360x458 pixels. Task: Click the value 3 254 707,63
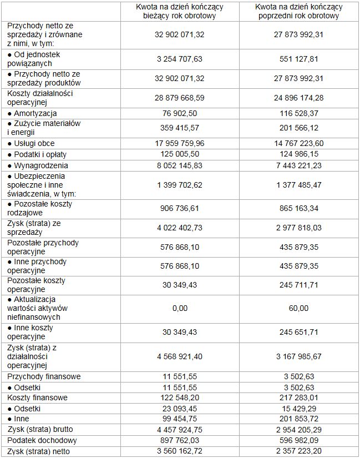180,59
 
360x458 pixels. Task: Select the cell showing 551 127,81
299,59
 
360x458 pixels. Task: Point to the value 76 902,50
180,114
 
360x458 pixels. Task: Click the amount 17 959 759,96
180,144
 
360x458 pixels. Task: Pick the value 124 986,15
299,154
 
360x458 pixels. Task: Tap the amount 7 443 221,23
299,165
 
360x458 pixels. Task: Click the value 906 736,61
180,209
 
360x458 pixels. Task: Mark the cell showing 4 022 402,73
180,228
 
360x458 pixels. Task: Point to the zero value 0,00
180,308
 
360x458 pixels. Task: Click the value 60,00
299,308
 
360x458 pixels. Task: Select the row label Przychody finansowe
44,377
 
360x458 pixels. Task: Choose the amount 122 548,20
180,398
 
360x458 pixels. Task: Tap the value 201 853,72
299,419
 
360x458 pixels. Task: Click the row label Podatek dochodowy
42,440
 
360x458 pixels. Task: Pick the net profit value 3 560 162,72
180,451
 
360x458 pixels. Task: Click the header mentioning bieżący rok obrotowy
180,11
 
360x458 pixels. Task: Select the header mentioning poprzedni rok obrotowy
299,11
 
